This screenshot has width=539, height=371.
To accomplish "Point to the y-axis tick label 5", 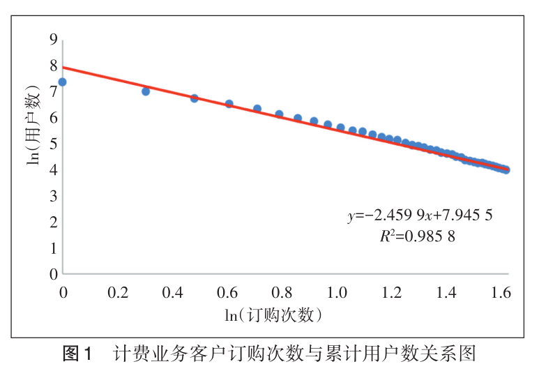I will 52,144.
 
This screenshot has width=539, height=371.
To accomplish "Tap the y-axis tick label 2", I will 52,222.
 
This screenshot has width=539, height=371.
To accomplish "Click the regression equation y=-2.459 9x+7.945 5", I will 420,215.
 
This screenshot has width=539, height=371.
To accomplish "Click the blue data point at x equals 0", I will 62,82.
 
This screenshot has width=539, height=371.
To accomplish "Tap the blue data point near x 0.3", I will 146,91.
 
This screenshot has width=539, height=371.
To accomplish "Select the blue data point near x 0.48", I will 195,98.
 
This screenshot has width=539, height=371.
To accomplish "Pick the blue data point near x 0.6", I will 229,104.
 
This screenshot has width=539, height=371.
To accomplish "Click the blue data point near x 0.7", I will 257,109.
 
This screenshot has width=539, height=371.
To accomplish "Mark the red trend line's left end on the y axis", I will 63,68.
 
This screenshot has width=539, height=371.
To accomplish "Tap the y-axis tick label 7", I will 52,91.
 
